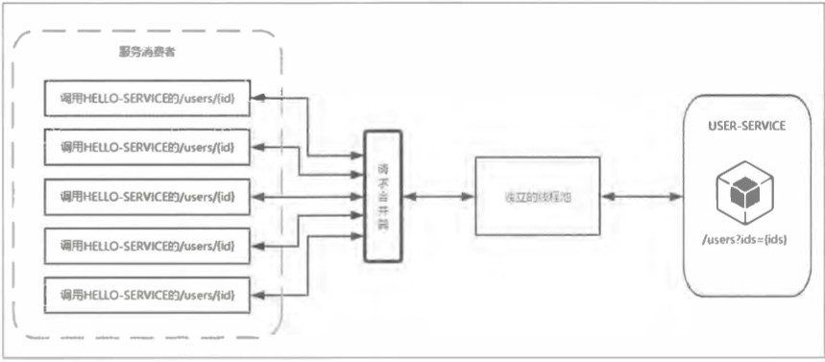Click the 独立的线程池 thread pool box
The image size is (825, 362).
(x=537, y=196)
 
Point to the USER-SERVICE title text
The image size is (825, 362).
(x=745, y=127)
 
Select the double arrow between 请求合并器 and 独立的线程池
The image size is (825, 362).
(x=438, y=196)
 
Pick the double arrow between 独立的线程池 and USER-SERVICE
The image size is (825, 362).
(x=643, y=196)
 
